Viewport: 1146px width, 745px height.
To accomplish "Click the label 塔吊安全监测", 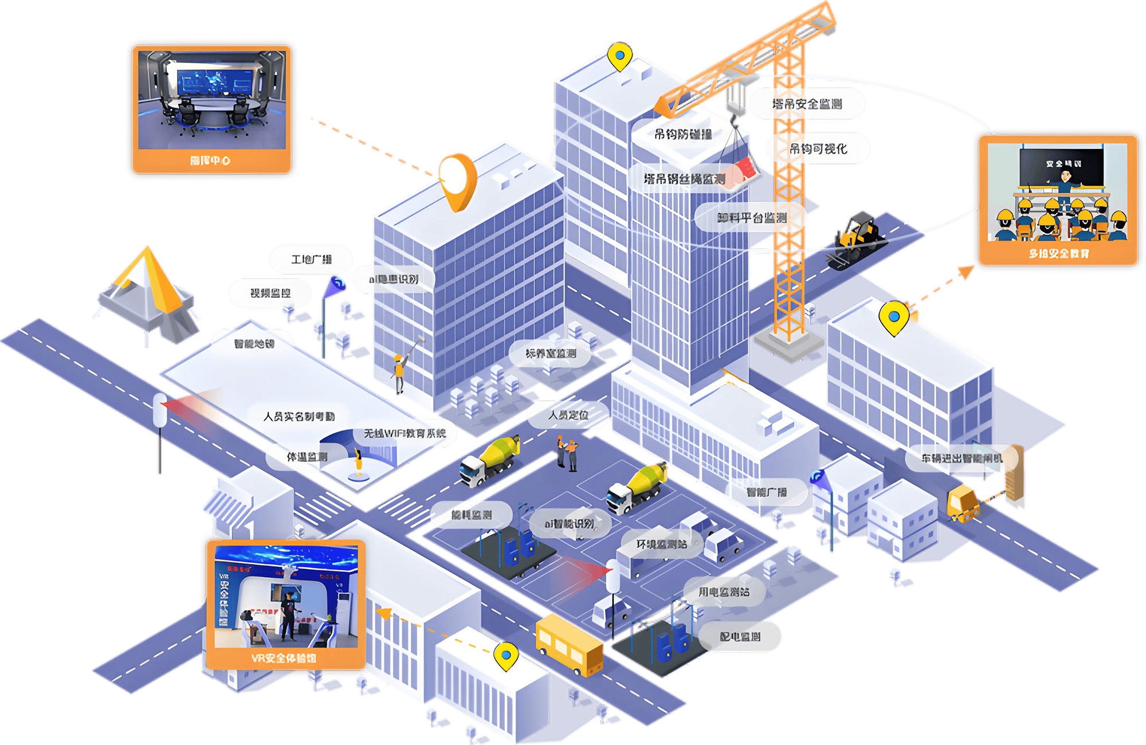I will coord(807,104).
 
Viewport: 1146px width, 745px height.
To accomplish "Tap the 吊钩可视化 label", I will coord(818,149).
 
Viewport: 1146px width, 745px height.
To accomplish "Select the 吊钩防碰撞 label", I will coord(683,135).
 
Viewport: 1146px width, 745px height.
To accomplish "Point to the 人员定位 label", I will coord(568,415).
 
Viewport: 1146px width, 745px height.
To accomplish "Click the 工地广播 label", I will coord(311,260).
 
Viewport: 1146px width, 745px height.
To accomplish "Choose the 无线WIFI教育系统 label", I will coord(405,433).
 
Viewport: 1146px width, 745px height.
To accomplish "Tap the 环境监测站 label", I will coord(661,544).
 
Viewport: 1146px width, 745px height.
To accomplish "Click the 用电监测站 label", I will coord(724,592).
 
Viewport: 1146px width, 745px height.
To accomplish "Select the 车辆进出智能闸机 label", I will coord(961,458).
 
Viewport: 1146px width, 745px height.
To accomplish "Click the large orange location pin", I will coord(458,181).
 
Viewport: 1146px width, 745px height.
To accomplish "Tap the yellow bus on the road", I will coord(568,644).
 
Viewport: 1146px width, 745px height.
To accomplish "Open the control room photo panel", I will coord(211,109).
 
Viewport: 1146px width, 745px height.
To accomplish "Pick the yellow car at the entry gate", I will coord(963,503).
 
